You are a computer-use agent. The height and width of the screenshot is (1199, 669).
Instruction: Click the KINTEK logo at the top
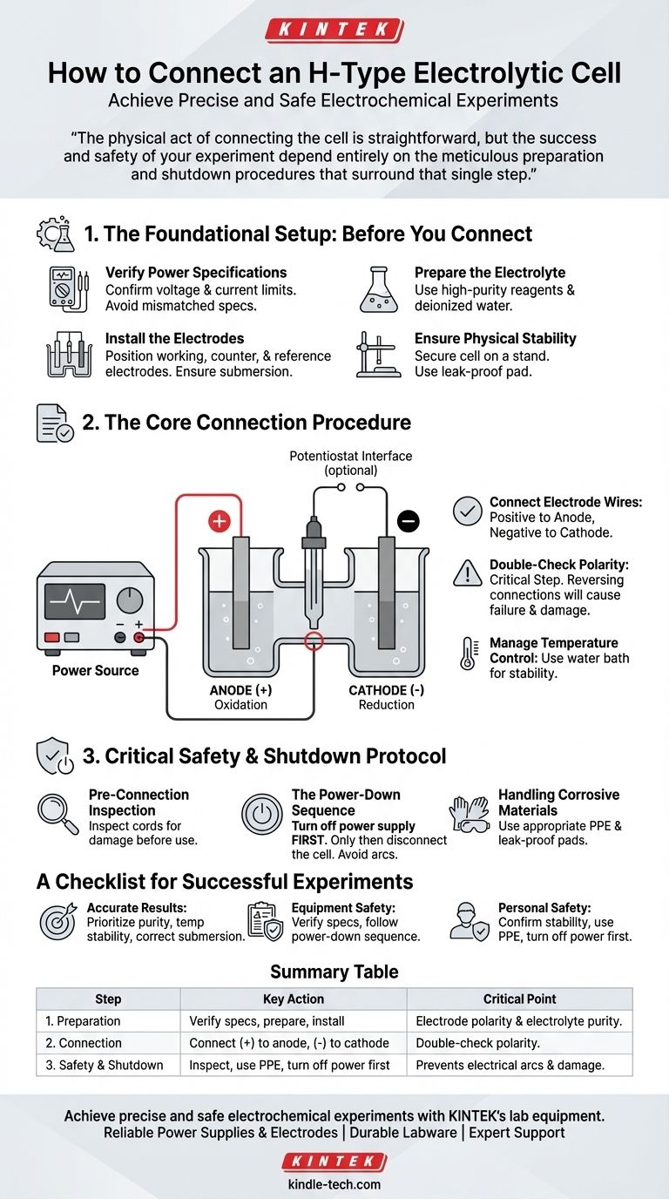[x=334, y=30]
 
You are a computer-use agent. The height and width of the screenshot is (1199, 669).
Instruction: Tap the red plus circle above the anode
[x=220, y=521]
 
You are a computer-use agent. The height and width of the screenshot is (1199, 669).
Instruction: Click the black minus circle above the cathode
[x=408, y=521]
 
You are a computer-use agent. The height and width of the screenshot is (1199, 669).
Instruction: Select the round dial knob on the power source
[x=130, y=599]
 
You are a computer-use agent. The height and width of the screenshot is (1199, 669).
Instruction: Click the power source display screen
[x=75, y=601]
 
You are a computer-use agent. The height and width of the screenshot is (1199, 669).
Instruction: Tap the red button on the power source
[x=52, y=637]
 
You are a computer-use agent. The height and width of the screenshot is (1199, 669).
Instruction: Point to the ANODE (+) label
[x=240, y=690]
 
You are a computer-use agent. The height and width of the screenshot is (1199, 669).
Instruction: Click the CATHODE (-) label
[x=387, y=690]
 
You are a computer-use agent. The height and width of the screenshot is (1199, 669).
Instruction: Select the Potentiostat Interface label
[x=350, y=463]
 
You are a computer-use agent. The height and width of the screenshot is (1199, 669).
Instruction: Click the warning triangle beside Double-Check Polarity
[x=468, y=573]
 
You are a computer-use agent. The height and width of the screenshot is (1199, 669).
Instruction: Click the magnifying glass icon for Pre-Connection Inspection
[x=57, y=814]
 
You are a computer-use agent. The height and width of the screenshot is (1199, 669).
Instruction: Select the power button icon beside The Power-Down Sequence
[x=261, y=814]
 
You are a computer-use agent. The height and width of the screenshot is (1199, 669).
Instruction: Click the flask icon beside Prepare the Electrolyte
[x=379, y=289]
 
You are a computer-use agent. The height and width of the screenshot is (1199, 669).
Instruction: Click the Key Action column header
[x=294, y=999]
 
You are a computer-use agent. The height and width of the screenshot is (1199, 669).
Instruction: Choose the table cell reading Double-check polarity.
[x=477, y=1043]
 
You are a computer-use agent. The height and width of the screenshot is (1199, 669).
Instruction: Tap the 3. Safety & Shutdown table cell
[x=105, y=1065]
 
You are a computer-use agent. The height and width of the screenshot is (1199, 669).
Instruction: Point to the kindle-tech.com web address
[x=334, y=1184]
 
